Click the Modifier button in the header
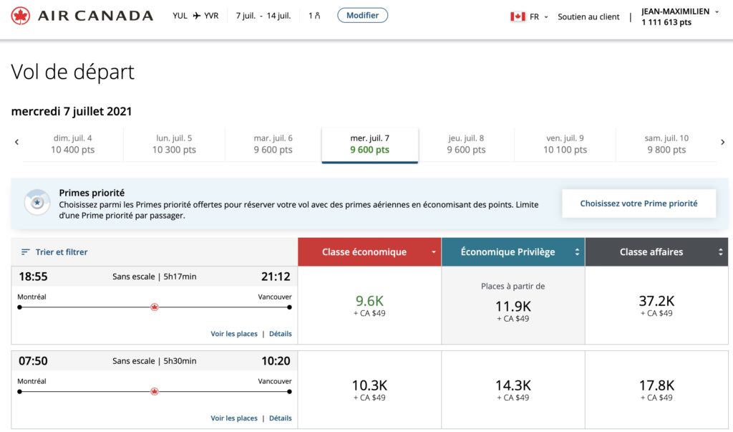362,15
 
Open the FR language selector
529,16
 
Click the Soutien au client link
588,16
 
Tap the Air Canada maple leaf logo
21,16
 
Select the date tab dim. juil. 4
73,144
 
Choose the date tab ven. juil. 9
565,144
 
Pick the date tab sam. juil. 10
667,144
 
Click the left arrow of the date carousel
16,143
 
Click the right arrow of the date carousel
722,143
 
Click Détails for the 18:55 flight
280,334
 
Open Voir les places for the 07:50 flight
234,418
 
